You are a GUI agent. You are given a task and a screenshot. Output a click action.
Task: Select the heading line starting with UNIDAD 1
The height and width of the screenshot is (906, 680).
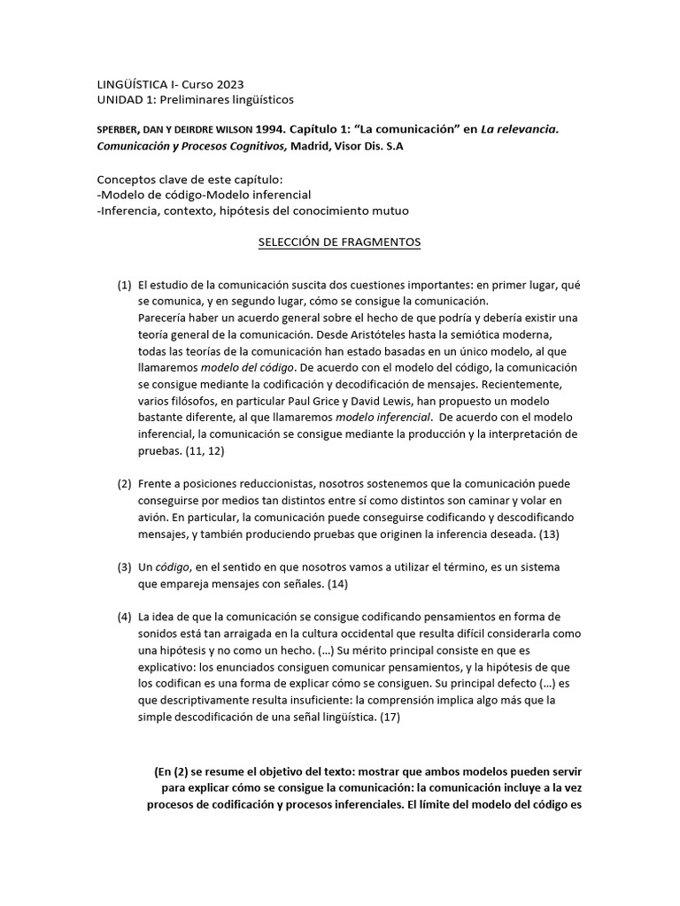coord(195,99)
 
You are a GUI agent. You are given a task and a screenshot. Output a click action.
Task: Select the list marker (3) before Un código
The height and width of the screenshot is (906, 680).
coord(124,566)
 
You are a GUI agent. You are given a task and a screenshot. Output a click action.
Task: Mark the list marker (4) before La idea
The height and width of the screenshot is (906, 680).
coord(124,616)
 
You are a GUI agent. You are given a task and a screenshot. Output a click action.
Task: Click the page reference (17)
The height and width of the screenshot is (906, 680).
coord(389,717)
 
